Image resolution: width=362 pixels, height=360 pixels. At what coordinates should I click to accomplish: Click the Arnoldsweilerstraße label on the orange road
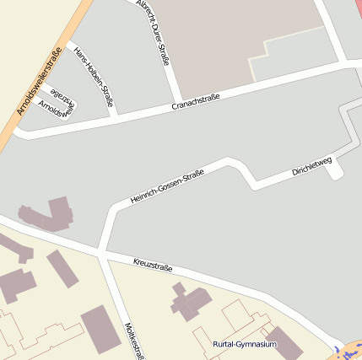point(39,83)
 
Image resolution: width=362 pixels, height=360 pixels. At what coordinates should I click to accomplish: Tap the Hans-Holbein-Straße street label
point(93,77)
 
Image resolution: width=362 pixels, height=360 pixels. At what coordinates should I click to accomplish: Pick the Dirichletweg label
point(312,165)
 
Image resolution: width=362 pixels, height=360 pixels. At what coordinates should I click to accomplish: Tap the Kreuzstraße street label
point(153,266)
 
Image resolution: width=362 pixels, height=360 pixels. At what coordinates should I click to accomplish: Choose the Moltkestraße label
point(130,340)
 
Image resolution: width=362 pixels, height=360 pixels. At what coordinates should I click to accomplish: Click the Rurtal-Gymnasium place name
point(245,344)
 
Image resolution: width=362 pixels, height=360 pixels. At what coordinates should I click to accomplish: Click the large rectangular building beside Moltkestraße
point(100,329)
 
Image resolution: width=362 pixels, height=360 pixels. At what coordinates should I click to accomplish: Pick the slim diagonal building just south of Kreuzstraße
point(62,268)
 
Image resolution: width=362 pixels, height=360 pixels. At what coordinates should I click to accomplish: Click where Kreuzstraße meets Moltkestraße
point(100,252)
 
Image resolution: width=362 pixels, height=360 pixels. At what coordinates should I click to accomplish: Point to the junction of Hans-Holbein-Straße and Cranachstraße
point(116,114)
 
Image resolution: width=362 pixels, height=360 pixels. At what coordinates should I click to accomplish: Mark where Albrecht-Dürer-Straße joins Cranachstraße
point(176,99)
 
